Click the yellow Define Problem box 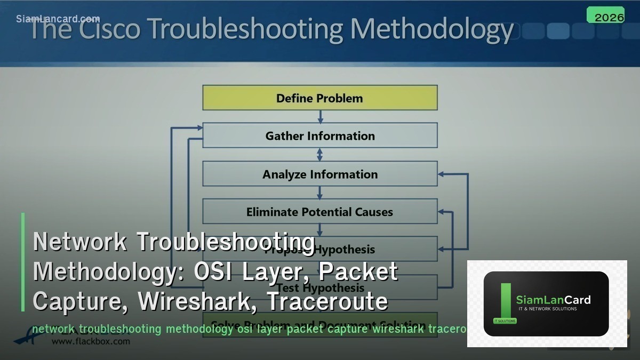point(320,98)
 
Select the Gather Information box point(320,136)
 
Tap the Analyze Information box point(320,174)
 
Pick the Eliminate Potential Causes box point(320,212)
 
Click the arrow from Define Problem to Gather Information point(320,117)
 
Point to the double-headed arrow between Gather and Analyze point(320,155)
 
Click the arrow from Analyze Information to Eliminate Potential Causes point(320,193)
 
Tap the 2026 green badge point(609,17)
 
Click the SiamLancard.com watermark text point(58,19)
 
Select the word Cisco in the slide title point(110,29)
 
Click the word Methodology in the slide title point(431,29)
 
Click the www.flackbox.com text point(90,341)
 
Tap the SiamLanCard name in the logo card point(553,300)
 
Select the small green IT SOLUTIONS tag point(505,321)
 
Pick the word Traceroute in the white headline point(327,301)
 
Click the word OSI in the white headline point(215,271)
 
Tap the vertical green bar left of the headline point(23,262)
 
